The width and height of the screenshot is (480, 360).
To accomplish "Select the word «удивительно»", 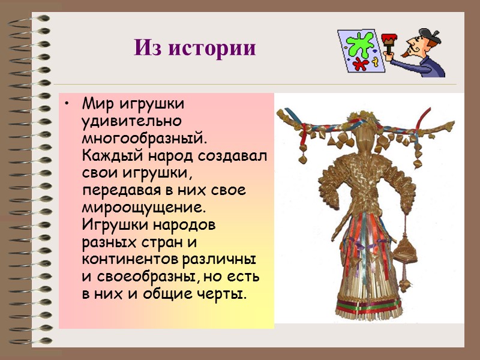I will click(x=122, y=122).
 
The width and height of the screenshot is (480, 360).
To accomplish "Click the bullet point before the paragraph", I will click(x=70, y=106).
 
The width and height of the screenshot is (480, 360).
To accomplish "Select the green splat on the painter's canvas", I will click(x=359, y=46).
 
